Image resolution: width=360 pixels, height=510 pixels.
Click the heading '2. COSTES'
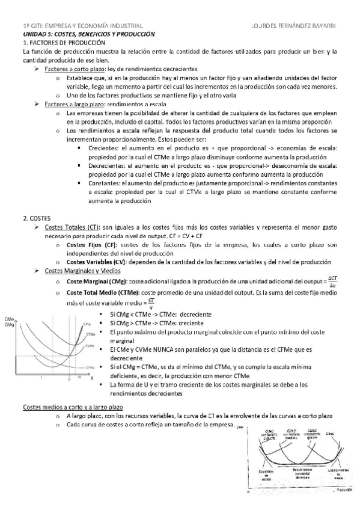37,218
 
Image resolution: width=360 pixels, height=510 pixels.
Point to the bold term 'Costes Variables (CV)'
98,262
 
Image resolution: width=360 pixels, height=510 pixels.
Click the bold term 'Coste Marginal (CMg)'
96,281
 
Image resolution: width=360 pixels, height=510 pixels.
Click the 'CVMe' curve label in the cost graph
90,346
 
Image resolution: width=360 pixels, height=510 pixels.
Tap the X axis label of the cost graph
92,379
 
